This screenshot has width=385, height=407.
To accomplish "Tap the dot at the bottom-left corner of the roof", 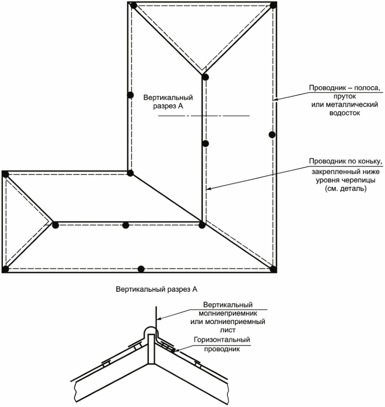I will point(5,269).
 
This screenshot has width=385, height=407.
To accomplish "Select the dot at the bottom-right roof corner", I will point(273,269).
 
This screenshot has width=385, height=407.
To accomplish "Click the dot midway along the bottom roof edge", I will point(141,268).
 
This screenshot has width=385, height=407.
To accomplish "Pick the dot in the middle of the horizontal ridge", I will point(126,225).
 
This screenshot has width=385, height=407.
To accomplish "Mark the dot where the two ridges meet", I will point(202,225).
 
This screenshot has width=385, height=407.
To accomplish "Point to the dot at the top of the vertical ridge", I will point(205,77).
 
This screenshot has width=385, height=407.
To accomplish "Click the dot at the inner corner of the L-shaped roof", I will point(130,173).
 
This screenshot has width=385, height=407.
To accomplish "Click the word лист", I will point(228,330).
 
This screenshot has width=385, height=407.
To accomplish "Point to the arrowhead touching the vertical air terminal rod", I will point(158,319).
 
